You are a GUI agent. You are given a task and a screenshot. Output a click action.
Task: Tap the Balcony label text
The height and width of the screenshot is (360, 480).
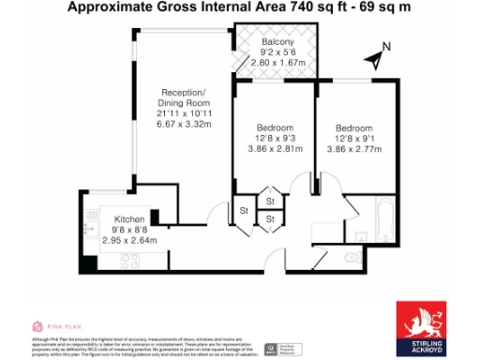[x=278, y=43]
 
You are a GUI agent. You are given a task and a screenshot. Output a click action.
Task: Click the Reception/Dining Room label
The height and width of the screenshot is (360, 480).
[x=183, y=97]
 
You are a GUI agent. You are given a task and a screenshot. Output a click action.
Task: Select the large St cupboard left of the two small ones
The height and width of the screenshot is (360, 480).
[x=243, y=210]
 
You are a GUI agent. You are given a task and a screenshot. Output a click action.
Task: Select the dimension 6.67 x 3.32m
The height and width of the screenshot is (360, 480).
[x=183, y=124]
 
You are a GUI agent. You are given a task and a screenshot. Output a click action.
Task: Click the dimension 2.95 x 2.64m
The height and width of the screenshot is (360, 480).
[x=129, y=239]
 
